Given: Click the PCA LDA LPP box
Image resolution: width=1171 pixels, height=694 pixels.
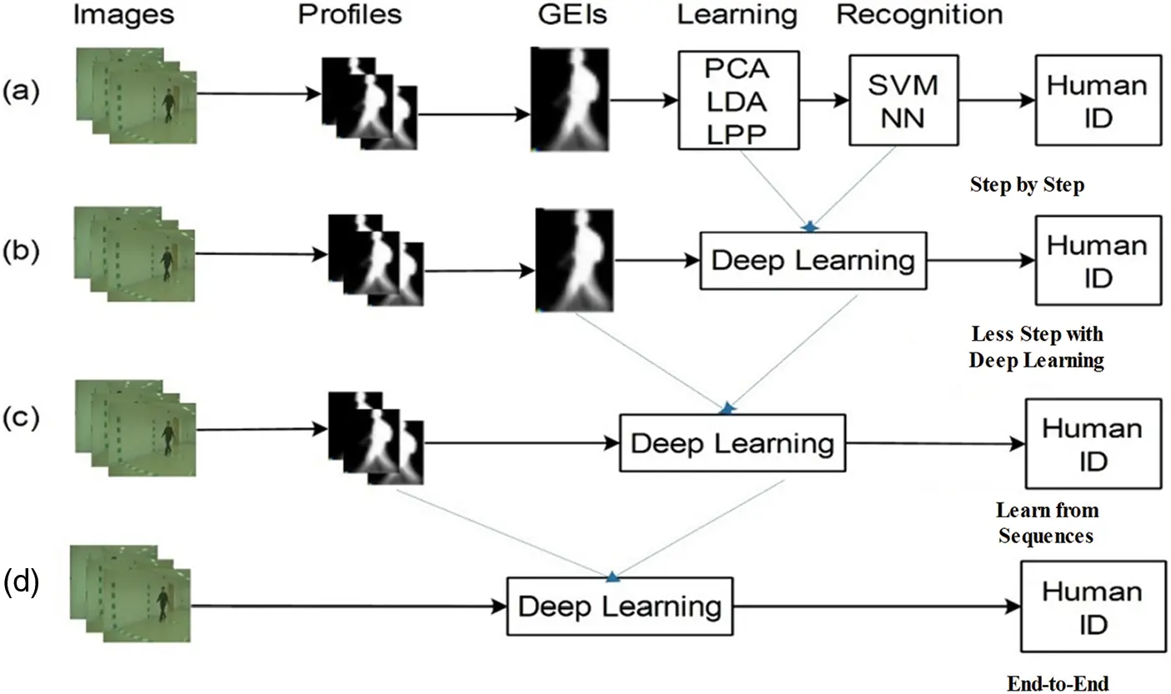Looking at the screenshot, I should pyautogui.click(x=738, y=100).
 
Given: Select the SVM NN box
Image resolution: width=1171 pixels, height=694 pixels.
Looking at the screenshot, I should pyautogui.click(x=903, y=101).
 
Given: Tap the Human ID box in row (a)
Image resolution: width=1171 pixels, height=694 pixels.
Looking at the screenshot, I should pyautogui.click(x=1098, y=101).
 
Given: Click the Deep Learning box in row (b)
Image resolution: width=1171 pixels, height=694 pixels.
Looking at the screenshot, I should pyautogui.click(x=813, y=260).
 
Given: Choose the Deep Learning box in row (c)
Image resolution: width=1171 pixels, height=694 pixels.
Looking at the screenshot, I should pyautogui.click(x=732, y=442).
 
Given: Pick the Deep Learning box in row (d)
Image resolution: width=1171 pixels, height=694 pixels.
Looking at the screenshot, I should pyautogui.click(x=620, y=606).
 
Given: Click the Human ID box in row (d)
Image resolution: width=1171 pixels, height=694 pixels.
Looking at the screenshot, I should pyautogui.click(x=1093, y=607).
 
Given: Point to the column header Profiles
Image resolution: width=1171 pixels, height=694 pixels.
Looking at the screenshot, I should pyautogui.click(x=350, y=14).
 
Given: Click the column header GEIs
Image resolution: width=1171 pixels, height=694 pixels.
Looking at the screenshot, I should pyautogui.click(x=569, y=14).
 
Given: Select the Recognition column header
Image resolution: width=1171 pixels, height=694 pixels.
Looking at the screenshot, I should pyautogui.click(x=919, y=14).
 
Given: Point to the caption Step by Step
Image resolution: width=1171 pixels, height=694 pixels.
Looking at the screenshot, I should pyautogui.click(x=1027, y=185).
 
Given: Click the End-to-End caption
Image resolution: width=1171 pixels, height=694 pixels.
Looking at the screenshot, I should pyautogui.click(x=1058, y=684).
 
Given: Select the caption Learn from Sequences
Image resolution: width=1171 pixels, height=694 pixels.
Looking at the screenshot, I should pyautogui.click(x=1047, y=522).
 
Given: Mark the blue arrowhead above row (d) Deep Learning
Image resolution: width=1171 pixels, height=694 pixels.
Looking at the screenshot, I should pyautogui.click(x=613, y=576).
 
